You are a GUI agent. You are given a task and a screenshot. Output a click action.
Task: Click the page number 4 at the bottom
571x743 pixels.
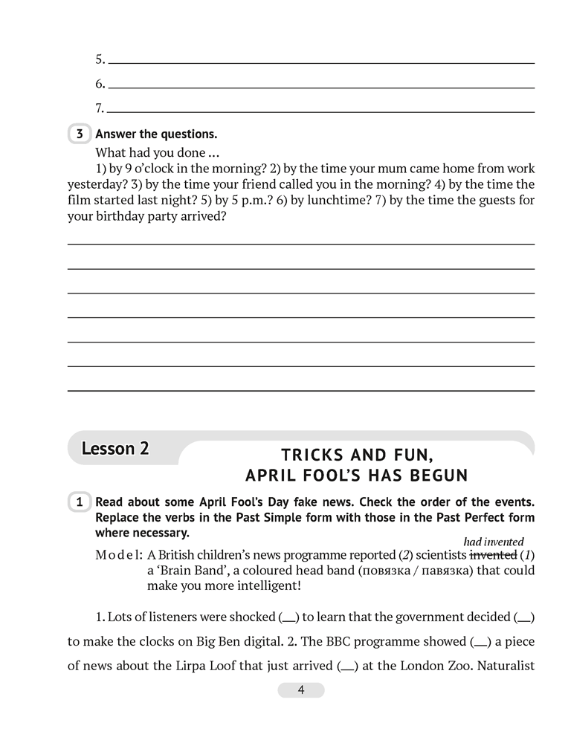tap(301, 690)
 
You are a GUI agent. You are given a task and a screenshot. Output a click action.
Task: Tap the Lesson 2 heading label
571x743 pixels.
tap(115, 449)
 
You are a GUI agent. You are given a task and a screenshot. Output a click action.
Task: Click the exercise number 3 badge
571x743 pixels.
tap(79, 134)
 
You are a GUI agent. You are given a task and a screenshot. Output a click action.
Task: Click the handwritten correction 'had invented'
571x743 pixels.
tap(494, 542)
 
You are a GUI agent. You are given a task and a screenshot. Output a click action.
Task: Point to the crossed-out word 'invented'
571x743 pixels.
tap(493, 555)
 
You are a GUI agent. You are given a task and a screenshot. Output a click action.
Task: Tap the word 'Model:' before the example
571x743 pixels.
tap(119, 555)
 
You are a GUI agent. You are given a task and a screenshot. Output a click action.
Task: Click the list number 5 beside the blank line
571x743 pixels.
tap(100, 59)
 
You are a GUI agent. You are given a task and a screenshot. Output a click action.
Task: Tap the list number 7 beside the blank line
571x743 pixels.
tap(100, 108)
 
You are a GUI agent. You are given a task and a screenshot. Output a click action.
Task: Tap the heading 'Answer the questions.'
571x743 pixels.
tap(156, 134)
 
